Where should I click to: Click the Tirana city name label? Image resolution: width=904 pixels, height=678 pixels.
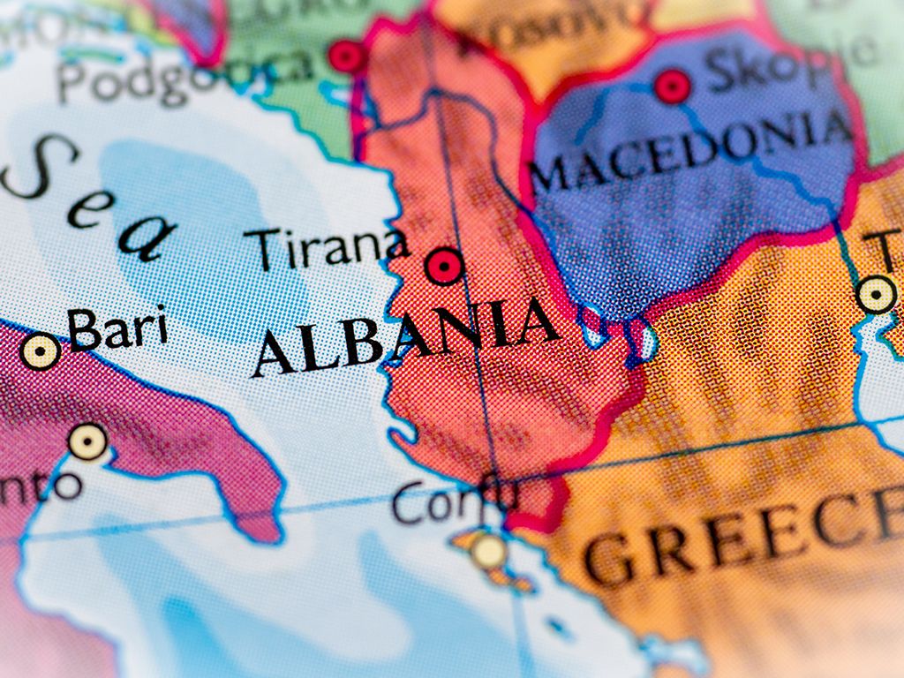pos(326,247)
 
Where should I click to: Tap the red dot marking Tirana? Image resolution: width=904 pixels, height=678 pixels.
pos(443,265)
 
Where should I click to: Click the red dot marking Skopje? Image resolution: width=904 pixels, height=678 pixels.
pos(672,87)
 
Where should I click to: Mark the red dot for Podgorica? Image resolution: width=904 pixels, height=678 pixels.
pos(346,56)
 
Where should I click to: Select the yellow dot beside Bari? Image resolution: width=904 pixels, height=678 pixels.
pos(41,351)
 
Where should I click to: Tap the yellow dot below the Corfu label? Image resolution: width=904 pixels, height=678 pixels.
pos(487,551)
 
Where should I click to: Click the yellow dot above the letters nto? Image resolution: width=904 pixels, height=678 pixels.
pos(88,441)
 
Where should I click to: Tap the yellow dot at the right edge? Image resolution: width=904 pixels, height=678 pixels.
pos(876,293)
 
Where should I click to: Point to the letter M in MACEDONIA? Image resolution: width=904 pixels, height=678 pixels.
pos(549,176)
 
